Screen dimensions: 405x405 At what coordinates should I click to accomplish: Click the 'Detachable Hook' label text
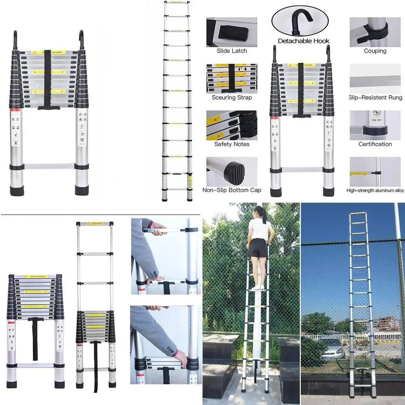click(303, 41)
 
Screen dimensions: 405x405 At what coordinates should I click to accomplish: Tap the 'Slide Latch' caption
click(232, 51)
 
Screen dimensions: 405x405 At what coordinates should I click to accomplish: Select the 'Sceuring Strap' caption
click(232, 98)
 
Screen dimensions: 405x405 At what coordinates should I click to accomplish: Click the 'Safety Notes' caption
click(232, 144)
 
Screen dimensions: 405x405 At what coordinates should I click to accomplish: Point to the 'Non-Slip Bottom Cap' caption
click(232, 190)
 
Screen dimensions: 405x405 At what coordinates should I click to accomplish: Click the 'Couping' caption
click(375, 51)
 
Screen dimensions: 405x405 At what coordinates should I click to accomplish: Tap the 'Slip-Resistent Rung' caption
click(375, 98)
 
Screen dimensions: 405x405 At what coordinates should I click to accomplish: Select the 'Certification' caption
click(375, 144)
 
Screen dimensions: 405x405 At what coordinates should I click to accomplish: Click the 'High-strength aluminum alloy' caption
click(375, 190)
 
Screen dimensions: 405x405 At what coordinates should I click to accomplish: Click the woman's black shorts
click(258, 247)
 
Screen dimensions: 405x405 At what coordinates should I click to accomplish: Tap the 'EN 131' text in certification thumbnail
click(375, 120)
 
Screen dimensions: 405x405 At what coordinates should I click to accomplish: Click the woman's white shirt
click(260, 229)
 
